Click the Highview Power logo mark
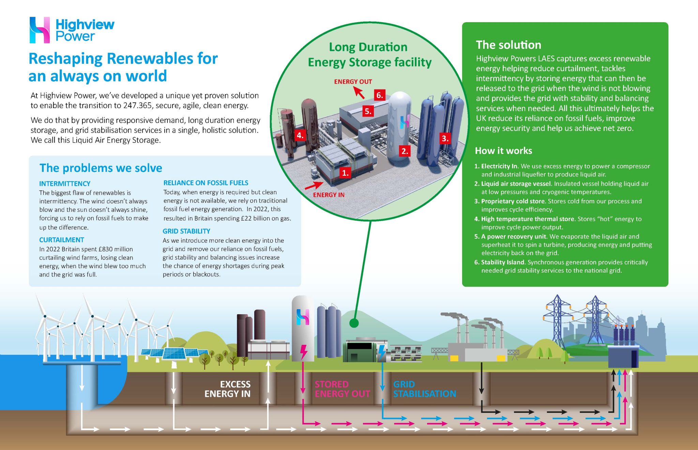(40, 30)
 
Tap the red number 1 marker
(345, 173)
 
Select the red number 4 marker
(300, 135)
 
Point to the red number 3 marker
(445, 138)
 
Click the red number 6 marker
(379, 95)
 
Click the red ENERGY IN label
(329, 195)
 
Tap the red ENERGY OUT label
(353, 82)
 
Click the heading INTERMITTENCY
(65, 184)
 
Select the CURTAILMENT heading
(61, 240)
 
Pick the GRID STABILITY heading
(186, 231)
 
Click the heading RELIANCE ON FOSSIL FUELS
(206, 183)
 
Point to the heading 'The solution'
(509, 45)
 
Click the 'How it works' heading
(503, 150)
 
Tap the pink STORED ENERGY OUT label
(342, 389)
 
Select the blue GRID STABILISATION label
(424, 389)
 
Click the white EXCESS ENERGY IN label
(228, 389)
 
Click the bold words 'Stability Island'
(502, 262)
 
